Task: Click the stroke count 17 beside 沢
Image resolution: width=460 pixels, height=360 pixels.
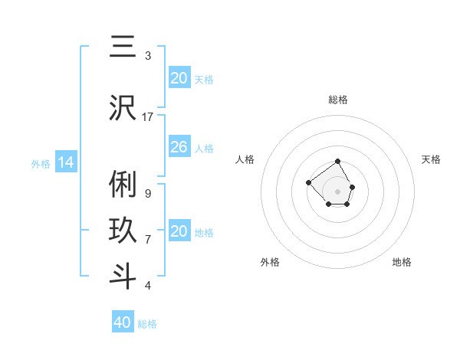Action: (148, 116)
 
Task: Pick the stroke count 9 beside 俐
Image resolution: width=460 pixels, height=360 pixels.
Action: (147, 193)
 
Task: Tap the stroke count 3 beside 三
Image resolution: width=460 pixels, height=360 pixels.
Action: (147, 56)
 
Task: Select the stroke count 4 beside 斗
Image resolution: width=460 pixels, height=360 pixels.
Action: (147, 286)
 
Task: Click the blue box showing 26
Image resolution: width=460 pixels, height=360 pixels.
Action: (179, 146)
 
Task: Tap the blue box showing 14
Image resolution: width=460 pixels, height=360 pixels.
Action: (65, 162)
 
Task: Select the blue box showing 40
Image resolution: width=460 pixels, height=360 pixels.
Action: (123, 322)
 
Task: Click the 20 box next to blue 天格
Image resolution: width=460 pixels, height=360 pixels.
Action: (179, 78)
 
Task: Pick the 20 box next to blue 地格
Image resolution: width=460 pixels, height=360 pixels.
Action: (179, 231)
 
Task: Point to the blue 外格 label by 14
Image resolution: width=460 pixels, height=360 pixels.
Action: (41, 163)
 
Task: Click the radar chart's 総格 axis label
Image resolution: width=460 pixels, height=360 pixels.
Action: (337, 100)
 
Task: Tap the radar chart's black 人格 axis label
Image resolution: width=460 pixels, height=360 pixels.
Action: (245, 159)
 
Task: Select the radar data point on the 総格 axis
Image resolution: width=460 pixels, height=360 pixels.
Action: (337, 162)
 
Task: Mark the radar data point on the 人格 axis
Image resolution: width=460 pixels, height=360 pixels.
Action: (308, 182)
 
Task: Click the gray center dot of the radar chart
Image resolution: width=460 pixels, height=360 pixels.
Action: (337, 191)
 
